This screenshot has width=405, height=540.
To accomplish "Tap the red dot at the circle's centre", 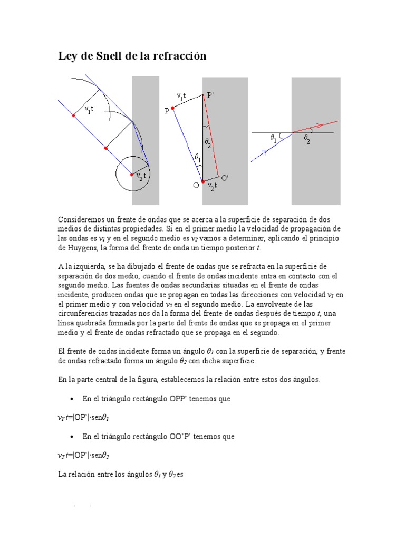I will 132,175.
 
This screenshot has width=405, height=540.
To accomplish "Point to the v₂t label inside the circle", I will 141,177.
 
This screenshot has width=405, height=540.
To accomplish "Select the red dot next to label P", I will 172,108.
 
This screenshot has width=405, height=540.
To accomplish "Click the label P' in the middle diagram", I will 210,95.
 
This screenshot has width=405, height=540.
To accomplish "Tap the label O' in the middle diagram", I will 225,178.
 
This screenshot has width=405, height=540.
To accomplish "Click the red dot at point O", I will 203,181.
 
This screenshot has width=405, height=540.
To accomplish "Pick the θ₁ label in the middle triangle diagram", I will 198,157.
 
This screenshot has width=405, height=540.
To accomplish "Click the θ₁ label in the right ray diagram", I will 273,138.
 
